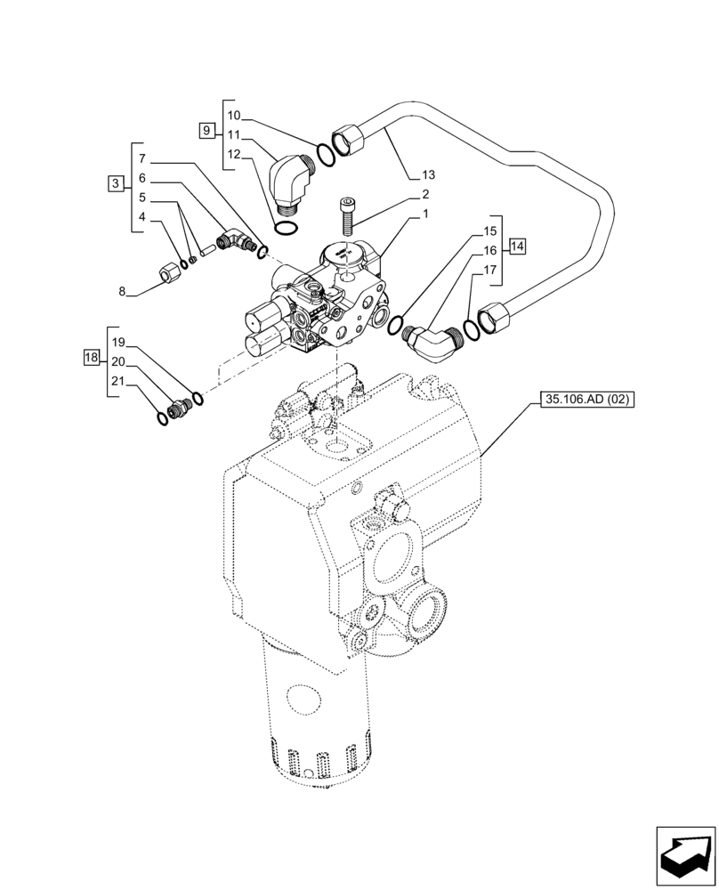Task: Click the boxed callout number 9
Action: [206, 131]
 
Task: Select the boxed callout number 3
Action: [115, 183]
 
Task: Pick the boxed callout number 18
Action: [90, 358]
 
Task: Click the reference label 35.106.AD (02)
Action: [586, 400]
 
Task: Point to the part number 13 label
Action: [428, 174]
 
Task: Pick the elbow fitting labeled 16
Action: [432, 341]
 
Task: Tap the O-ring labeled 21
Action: [160, 415]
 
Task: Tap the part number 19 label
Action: [118, 341]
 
